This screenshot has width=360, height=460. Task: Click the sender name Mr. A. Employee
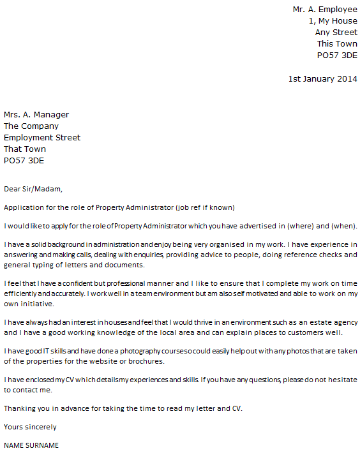(x=324, y=10)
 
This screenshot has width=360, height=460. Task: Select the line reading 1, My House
(x=333, y=21)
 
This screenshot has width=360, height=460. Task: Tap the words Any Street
(x=336, y=33)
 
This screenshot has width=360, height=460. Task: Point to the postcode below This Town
(x=337, y=56)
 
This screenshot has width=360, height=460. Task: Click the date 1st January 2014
(x=322, y=78)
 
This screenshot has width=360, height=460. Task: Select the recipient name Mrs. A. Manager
(x=36, y=115)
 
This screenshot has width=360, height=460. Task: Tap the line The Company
(x=31, y=126)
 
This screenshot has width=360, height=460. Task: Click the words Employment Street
(x=42, y=138)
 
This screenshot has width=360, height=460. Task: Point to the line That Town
(x=25, y=149)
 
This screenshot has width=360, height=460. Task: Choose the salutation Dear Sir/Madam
(x=33, y=189)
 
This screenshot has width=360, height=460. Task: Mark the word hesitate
(x=341, y=380)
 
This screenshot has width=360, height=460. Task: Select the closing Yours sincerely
(x=30, y=427)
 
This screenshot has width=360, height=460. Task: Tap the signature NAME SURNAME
(x=31, y=445)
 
